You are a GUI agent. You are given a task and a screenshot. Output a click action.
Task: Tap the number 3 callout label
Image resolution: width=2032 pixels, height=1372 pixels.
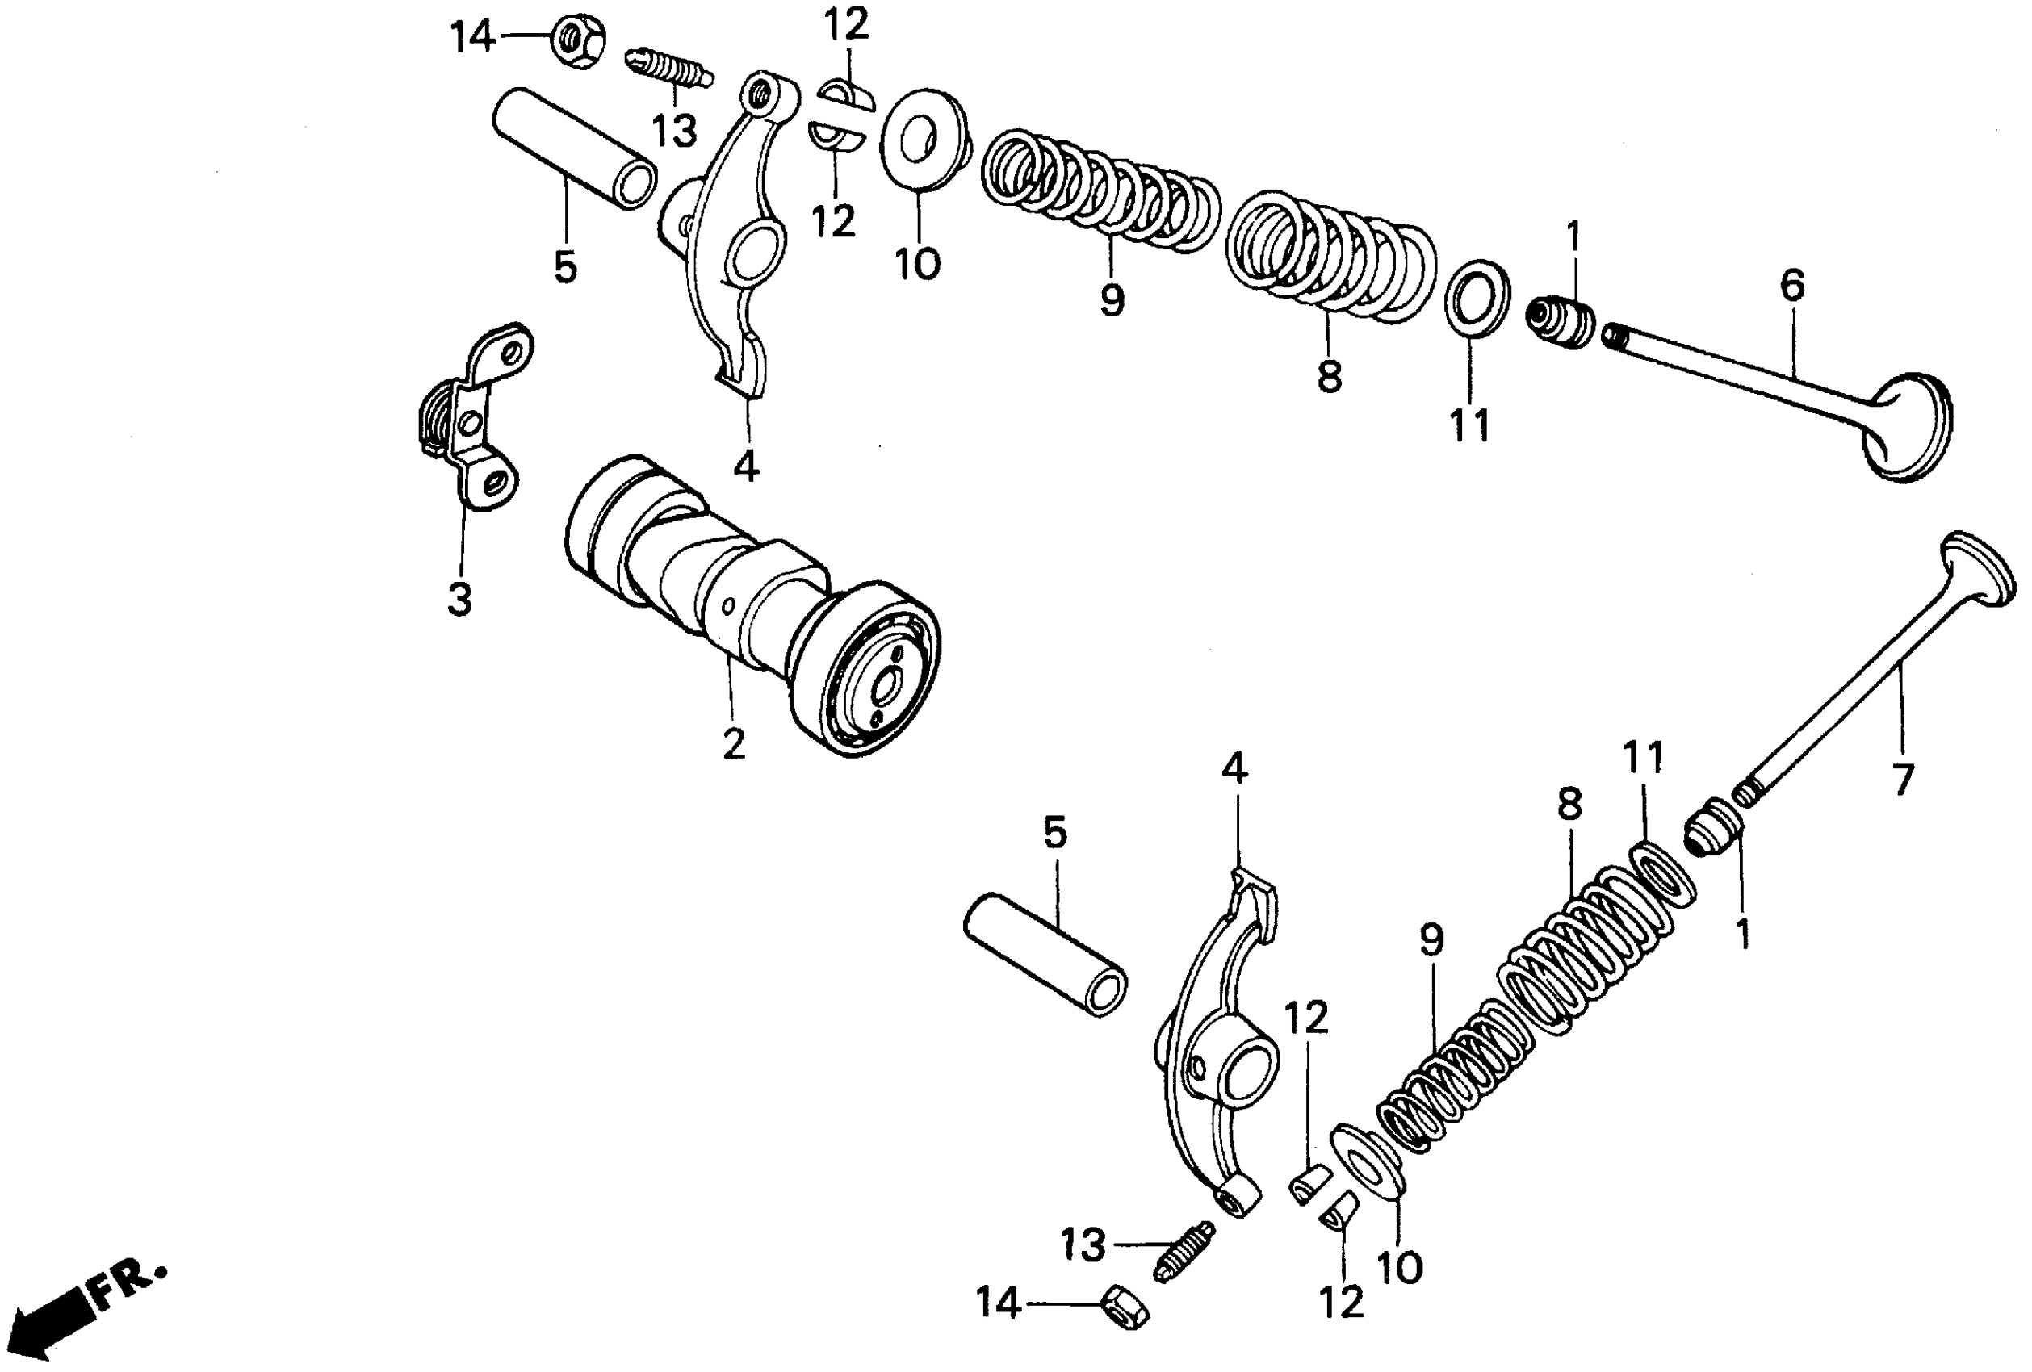[459, 600]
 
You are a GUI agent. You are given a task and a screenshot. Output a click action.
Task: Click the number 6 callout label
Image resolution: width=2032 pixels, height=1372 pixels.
[1791, 286]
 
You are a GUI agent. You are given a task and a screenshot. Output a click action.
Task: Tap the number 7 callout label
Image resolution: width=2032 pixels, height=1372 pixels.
[1904, 780]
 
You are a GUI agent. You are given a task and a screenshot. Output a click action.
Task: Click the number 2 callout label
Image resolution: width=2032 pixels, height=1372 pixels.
[734, 742]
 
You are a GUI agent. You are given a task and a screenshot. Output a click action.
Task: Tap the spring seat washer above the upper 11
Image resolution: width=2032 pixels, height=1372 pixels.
[1477, 297]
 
